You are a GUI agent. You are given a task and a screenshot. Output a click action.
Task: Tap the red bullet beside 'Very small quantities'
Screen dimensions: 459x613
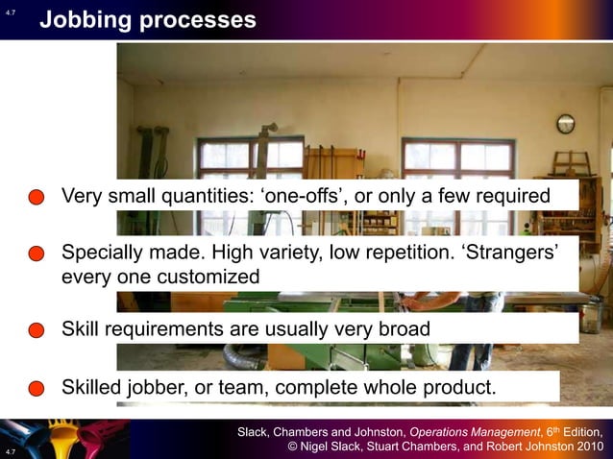pyautogui.click(x=37, y=198)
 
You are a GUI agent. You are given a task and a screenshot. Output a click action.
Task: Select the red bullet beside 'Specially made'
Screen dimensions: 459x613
pyautogui.click(x=37, y=254)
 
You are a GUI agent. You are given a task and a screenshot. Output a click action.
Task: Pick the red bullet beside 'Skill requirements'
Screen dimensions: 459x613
pyautogui.click(x=37, y=329)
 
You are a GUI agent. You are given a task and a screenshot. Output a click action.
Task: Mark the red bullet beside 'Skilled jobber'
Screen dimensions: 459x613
pyautogui.click(x=37, y=389)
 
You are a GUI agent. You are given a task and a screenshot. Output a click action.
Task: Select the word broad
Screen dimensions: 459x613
pyautogui.click(x=403, y=328)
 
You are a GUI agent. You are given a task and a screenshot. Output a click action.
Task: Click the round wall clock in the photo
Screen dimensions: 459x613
pyautogui.click(x=565, y=123)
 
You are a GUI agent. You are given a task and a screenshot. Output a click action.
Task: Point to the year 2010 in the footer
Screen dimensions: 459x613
pyautogui.click(x=586, y=447)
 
